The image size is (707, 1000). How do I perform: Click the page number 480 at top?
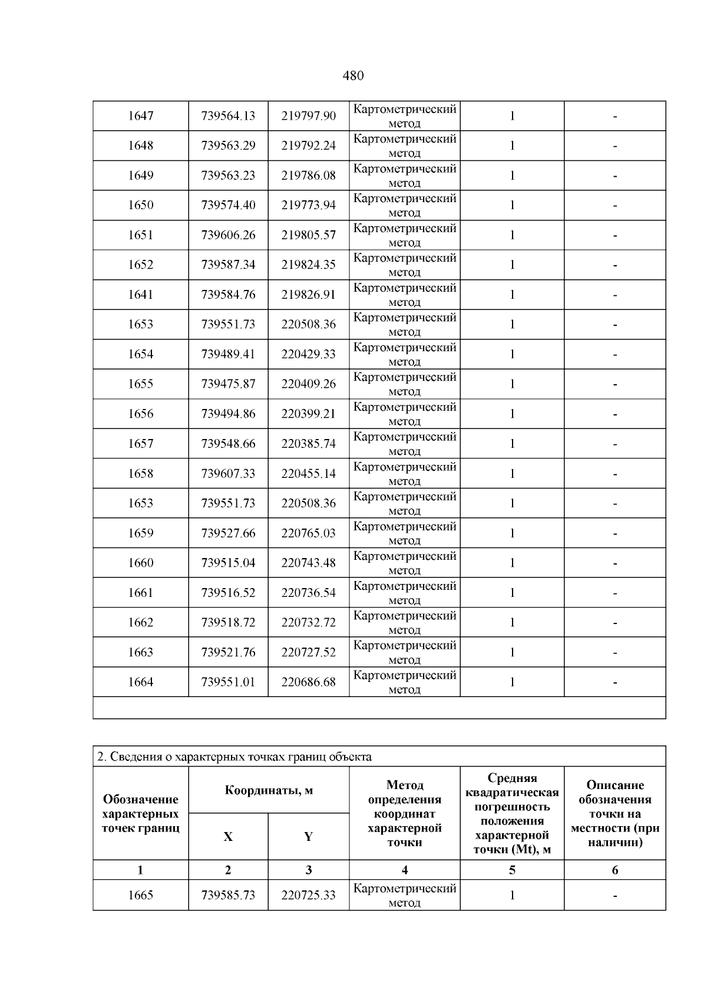353,75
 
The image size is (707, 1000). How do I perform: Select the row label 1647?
140,116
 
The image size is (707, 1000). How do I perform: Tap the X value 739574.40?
228,205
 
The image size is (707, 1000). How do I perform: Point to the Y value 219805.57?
308,235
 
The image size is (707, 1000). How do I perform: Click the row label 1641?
140,295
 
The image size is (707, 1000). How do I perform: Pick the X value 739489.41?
228,354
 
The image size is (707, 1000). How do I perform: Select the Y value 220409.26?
308,384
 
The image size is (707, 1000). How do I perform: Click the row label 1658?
140,474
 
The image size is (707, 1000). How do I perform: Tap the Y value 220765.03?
308,533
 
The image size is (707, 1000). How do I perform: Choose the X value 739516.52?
228,593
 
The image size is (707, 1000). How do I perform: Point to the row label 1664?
140,682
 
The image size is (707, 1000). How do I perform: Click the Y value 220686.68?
308,682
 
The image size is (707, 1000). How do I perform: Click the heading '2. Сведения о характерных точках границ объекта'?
234,757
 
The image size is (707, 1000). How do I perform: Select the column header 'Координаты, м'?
269,790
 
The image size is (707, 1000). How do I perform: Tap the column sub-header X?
228,837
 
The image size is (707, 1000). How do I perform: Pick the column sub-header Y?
308,837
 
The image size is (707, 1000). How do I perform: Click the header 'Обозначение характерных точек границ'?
140,813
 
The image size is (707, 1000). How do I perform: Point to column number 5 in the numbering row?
512,870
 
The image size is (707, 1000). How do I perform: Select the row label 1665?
140,896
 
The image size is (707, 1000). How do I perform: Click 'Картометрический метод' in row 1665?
405,896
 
